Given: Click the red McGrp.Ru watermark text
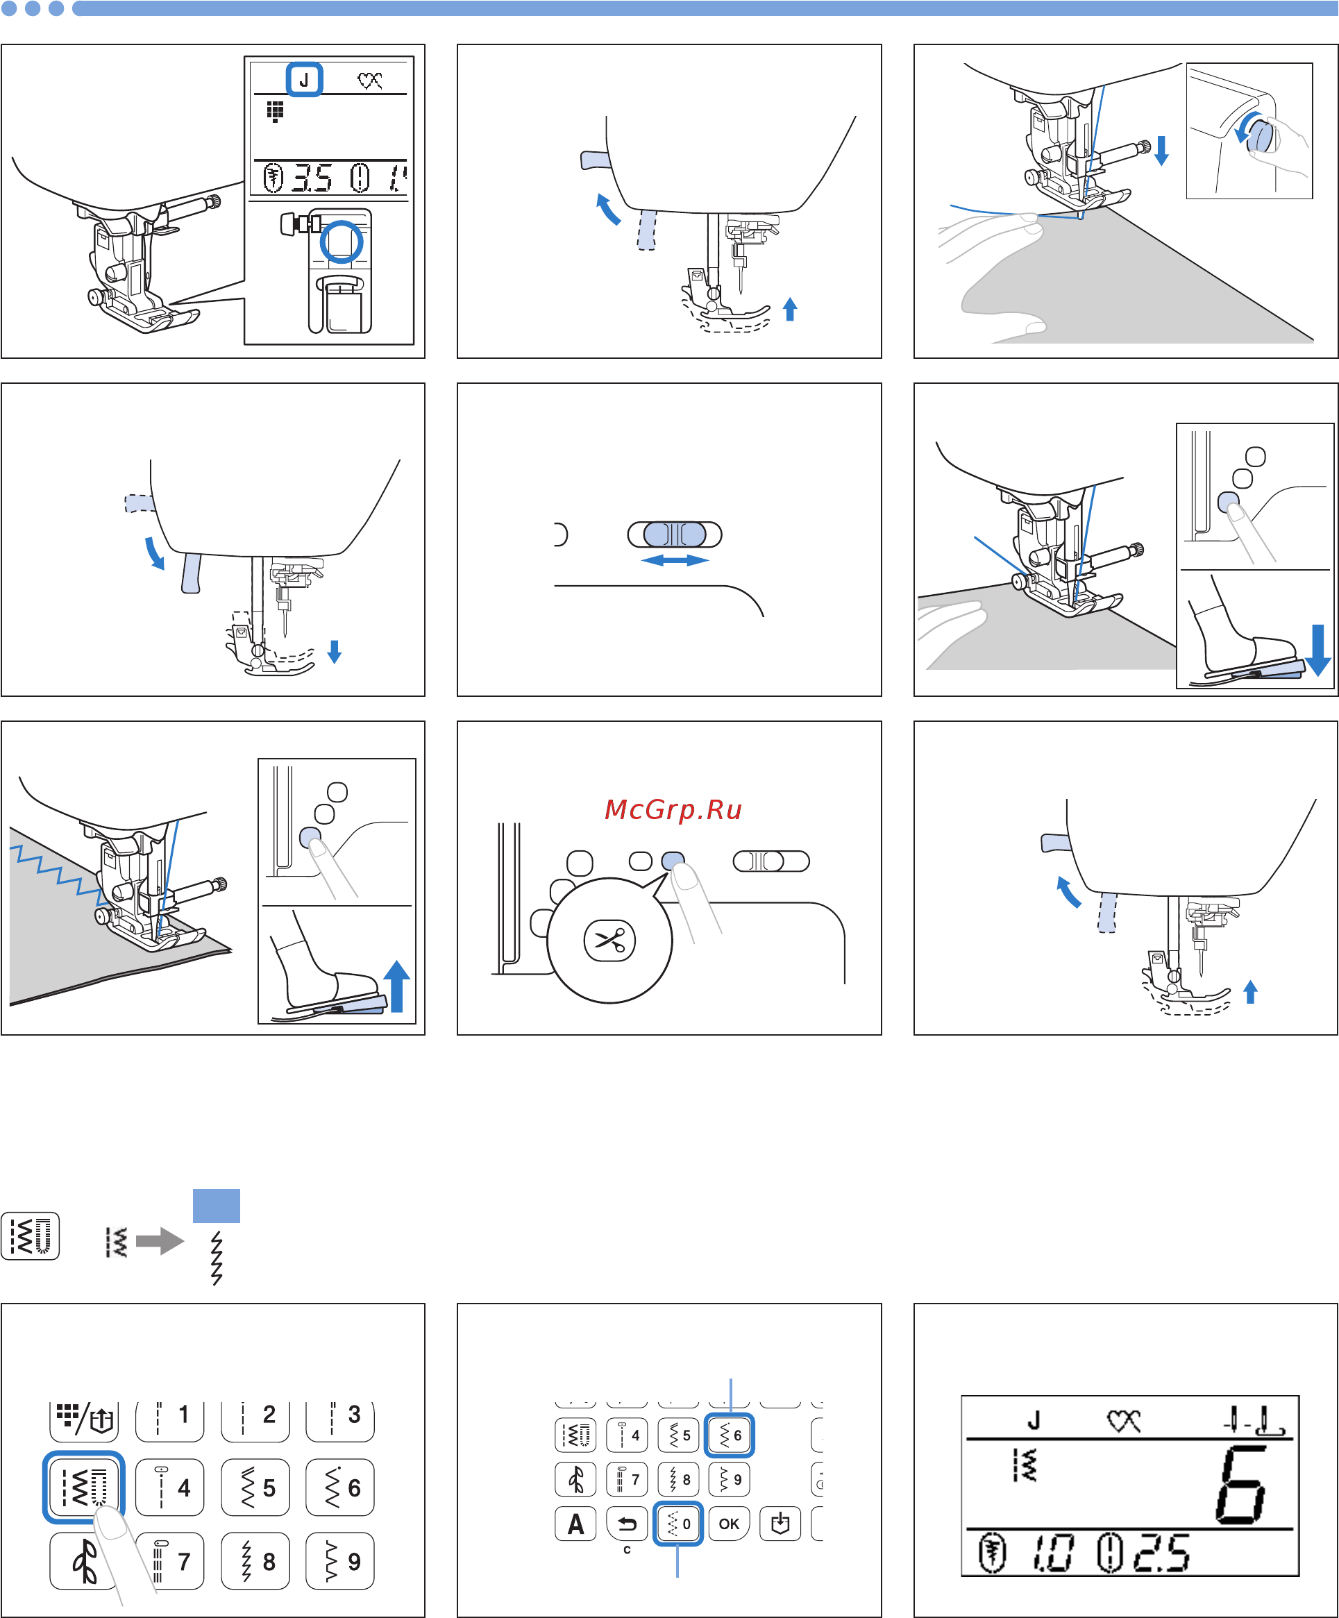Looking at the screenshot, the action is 673,811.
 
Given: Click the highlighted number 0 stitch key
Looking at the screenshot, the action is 678,1523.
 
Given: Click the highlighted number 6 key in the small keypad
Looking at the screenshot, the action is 729,1435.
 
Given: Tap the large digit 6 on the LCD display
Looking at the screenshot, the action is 1241,1484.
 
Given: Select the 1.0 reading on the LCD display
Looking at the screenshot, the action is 1052,1553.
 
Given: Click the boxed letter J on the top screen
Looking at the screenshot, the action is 304,79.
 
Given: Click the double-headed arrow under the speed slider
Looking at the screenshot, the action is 675,560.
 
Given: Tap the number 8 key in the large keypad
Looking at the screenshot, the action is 255,1561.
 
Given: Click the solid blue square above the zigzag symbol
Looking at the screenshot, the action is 217,1206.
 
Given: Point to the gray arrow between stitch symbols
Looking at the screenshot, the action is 160,1241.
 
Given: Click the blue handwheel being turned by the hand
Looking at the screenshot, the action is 1260,133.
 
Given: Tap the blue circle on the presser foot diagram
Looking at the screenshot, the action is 342,241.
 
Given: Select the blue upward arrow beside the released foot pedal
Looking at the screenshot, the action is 397,986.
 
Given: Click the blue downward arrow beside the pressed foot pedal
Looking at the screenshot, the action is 1318,650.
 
